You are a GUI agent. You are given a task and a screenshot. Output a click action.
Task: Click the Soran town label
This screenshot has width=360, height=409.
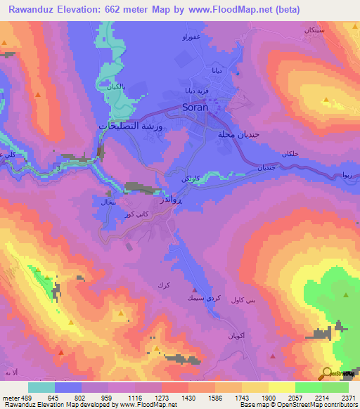click(195, 110)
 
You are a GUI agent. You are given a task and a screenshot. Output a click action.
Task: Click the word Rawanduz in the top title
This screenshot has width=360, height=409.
click(25, 9)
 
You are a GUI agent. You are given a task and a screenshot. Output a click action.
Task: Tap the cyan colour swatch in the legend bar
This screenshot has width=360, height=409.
click(41, 387)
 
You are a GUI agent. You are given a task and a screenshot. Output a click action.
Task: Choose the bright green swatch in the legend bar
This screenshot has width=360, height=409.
click(309, 387)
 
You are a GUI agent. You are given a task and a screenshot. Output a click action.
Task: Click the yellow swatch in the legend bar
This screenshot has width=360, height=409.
click(282, 387)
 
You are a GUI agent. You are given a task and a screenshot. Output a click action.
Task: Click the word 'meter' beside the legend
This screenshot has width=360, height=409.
click(10, 397)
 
